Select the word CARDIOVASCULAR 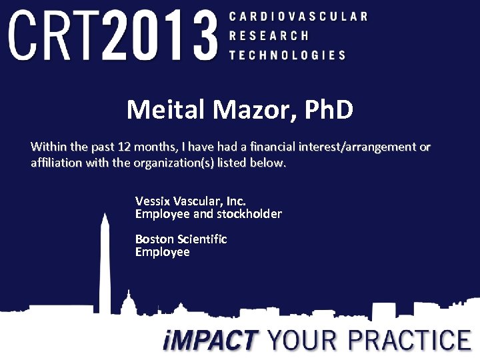click(297, 16)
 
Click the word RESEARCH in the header click(269, 36)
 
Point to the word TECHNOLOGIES click(287, 55)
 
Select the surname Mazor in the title click(241, 109)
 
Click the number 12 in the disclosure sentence click(124, 147)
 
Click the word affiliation click(57, 163)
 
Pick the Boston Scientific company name click(181, 239)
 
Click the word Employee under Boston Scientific click(162, 252)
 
